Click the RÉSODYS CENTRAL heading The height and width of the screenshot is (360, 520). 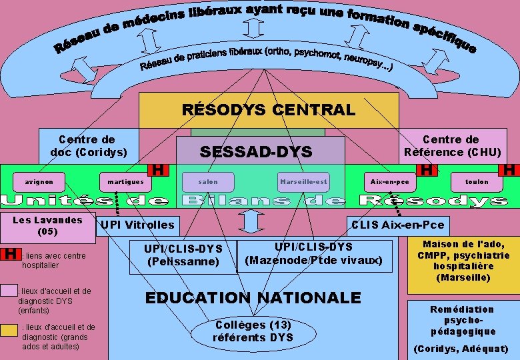[269, 109]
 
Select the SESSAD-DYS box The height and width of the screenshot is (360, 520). [256, 153]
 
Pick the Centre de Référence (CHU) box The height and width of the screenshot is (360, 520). [451, 145]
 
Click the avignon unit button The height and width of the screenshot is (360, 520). [35, 181]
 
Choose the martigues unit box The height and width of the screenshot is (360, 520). [125, 181]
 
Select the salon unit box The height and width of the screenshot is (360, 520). [208, 181]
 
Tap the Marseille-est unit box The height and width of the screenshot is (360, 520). [303, 181]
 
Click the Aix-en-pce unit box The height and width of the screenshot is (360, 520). [390, 181]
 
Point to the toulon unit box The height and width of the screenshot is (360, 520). [477, 181]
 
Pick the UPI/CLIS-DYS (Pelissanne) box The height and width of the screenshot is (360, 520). [183, 255]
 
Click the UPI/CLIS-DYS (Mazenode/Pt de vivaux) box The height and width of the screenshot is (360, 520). [314, 254]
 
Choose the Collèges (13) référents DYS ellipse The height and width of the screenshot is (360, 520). [253, 331]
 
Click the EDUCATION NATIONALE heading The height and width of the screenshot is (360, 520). [253, 297]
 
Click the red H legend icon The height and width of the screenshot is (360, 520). [9, 254]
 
